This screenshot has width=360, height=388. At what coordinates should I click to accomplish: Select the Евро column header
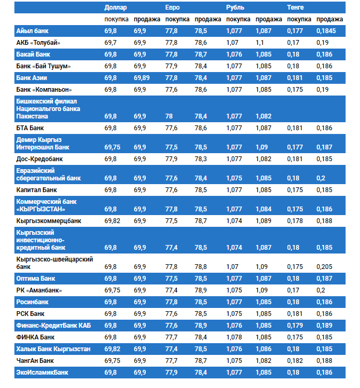pyautogui.click(x=173, y=7)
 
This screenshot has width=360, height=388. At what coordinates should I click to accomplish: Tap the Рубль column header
pyautogui.click(x=235, y=7)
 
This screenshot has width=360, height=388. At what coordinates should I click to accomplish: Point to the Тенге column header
pyautogui.click(x=295, y=7)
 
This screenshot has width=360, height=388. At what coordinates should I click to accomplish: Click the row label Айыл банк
pyautogui.click(x=33, y=31)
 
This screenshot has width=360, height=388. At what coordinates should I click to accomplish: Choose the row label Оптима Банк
pyautogui.click(x=36, y=279)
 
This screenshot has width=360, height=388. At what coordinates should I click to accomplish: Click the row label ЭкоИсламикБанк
pyautogui.click(x=42, y=373)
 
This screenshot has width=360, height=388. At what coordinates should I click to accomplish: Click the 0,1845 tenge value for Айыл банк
pyautogui.click(x=326, y=31)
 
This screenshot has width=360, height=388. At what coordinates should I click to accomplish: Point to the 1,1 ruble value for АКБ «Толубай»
pyautogui.click(x=260, y=43)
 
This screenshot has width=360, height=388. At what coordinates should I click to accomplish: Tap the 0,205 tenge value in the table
pyautogui.click(x=324, y=266)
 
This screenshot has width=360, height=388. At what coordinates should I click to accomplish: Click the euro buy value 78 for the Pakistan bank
pyautogui.click(x=169, y=116)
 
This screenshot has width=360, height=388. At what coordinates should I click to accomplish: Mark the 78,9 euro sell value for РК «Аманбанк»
pyautogui.click(x=201, y=290)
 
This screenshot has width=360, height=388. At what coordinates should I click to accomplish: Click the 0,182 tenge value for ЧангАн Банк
pyautogui.click(x=295, y=361)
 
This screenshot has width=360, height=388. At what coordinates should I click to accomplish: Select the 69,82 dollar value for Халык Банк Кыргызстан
pyautogui.click(x=113, y=349)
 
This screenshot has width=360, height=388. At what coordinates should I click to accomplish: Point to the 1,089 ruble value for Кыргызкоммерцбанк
pyautogui.click(x=263, y=220)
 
